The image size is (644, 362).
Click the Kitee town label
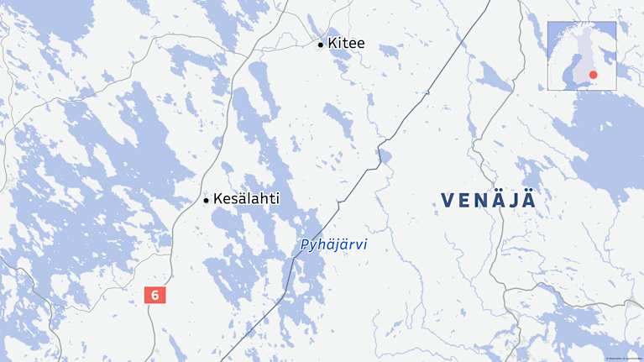coord(346,43)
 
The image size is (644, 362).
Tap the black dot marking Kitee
coord(321,44)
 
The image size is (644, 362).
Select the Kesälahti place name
coord(246,200)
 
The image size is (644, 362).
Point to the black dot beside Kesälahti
coord(206,201)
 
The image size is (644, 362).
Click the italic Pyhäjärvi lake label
coord(332,246)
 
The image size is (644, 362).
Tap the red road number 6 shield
coord(155,295)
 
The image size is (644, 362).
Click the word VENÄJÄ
coord(489,200)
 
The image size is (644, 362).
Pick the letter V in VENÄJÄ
coord(447,200)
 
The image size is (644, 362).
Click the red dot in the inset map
coord(594,75)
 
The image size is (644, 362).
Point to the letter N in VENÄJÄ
coord(481,200)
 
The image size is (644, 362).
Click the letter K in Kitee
coord(332,43)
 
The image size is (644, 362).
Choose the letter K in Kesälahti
coord(218,200)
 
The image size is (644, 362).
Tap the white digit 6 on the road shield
coord(155,295)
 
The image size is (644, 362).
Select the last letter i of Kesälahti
coord(277,200)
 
